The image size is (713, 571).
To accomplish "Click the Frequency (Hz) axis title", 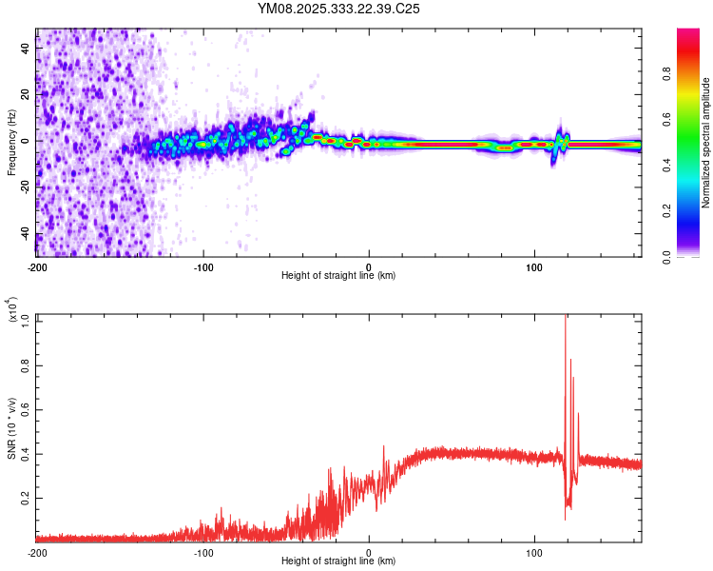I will tap(11, 143).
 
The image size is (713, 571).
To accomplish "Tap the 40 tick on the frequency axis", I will tap(26, 47).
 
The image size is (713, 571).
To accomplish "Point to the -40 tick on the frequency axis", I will tap(24, 235).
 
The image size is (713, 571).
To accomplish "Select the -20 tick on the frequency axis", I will tap(24, 187).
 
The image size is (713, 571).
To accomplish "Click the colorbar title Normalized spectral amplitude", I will tap(705, 143).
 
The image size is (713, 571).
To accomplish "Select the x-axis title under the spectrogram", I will tap(338, 275).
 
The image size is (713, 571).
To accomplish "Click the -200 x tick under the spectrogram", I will tap(37, 266).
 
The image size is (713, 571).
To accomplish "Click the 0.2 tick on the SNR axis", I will tap(26, 497).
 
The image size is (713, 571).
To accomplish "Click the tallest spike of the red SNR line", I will tap(566, 317).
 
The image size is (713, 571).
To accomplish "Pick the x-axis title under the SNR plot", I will tap(338, 561).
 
